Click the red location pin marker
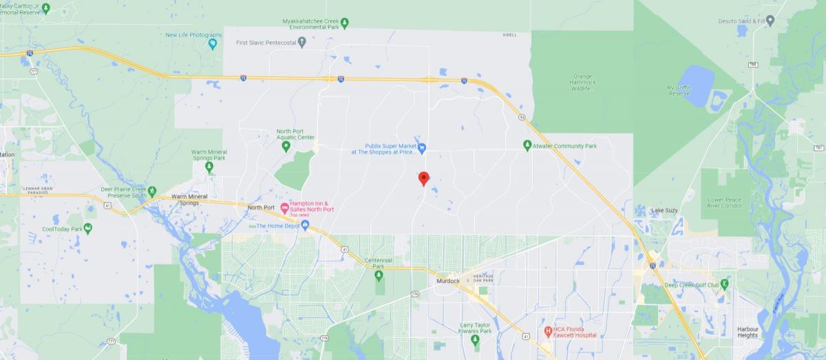pyautogui.click(x=424, y=178)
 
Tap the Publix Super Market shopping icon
pyautogui.click(x=423, y=147)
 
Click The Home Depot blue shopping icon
pyautogui.click(x=305, y=225)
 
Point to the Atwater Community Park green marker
pyautogui.click(x=527, y=146)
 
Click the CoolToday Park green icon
pyautogui.click(x=87, y=229)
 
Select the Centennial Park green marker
pyautogui.click(x=379, y=275)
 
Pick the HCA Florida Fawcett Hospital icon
pyautogui.click(x=548, y=331)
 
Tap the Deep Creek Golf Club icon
pyautogui.click(x=724, y=284)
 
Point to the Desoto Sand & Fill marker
pyautogui.click(x=770, y=21)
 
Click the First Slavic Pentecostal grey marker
pyautogui.click(x=301, y=43)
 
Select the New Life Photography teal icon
pyautogui.click(x=213, y=44)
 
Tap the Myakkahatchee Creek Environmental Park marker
pyautogui.click(x=345, y=22)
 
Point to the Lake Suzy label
pyautogui.click(x=666, y=210)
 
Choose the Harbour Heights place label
pyautogui.click(x=748, y=332)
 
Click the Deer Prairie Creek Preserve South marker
pyautogui.click(x=153, y=191)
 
